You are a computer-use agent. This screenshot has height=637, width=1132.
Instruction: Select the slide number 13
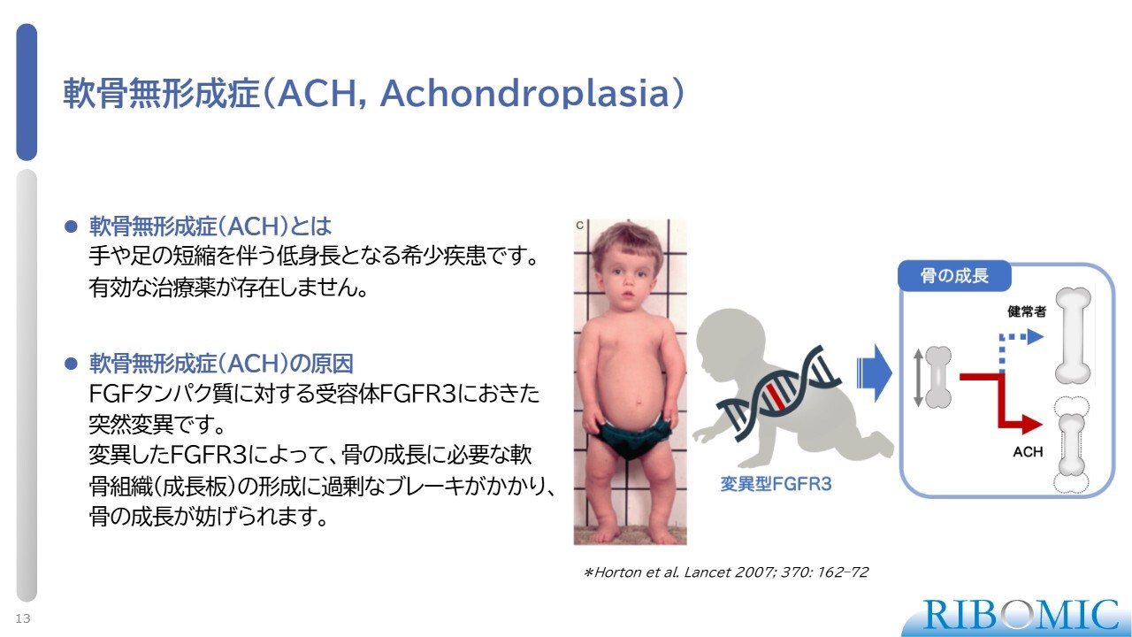(x=23, y=618)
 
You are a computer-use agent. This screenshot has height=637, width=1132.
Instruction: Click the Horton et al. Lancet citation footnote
(x=726, y=572)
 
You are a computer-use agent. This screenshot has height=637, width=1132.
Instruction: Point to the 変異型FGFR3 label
(x=776, y=484)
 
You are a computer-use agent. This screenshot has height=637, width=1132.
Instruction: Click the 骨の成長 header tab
(x=954, y=275)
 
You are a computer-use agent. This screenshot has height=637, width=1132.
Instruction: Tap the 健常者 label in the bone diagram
(x=1027, y=311)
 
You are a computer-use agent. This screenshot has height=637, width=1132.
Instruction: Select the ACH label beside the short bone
(x=1028, y=451)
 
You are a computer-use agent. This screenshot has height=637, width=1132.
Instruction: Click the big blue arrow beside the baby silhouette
(x=875, y=373)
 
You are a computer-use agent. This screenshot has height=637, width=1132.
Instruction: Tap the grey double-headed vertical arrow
(x=918, y=378)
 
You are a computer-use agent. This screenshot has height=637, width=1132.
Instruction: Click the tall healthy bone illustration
(x=1073, y=335)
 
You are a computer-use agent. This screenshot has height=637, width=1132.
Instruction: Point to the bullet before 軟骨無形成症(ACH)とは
(x=71, y=226)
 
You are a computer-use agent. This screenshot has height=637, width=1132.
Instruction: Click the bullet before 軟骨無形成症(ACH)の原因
(x=71, y=364)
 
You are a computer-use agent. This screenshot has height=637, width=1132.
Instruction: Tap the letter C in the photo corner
(x=579, y=226)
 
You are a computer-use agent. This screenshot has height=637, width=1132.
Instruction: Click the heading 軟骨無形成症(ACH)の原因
(x=221, y=364)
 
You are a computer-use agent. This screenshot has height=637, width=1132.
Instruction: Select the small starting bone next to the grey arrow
(x=938, y=377)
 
